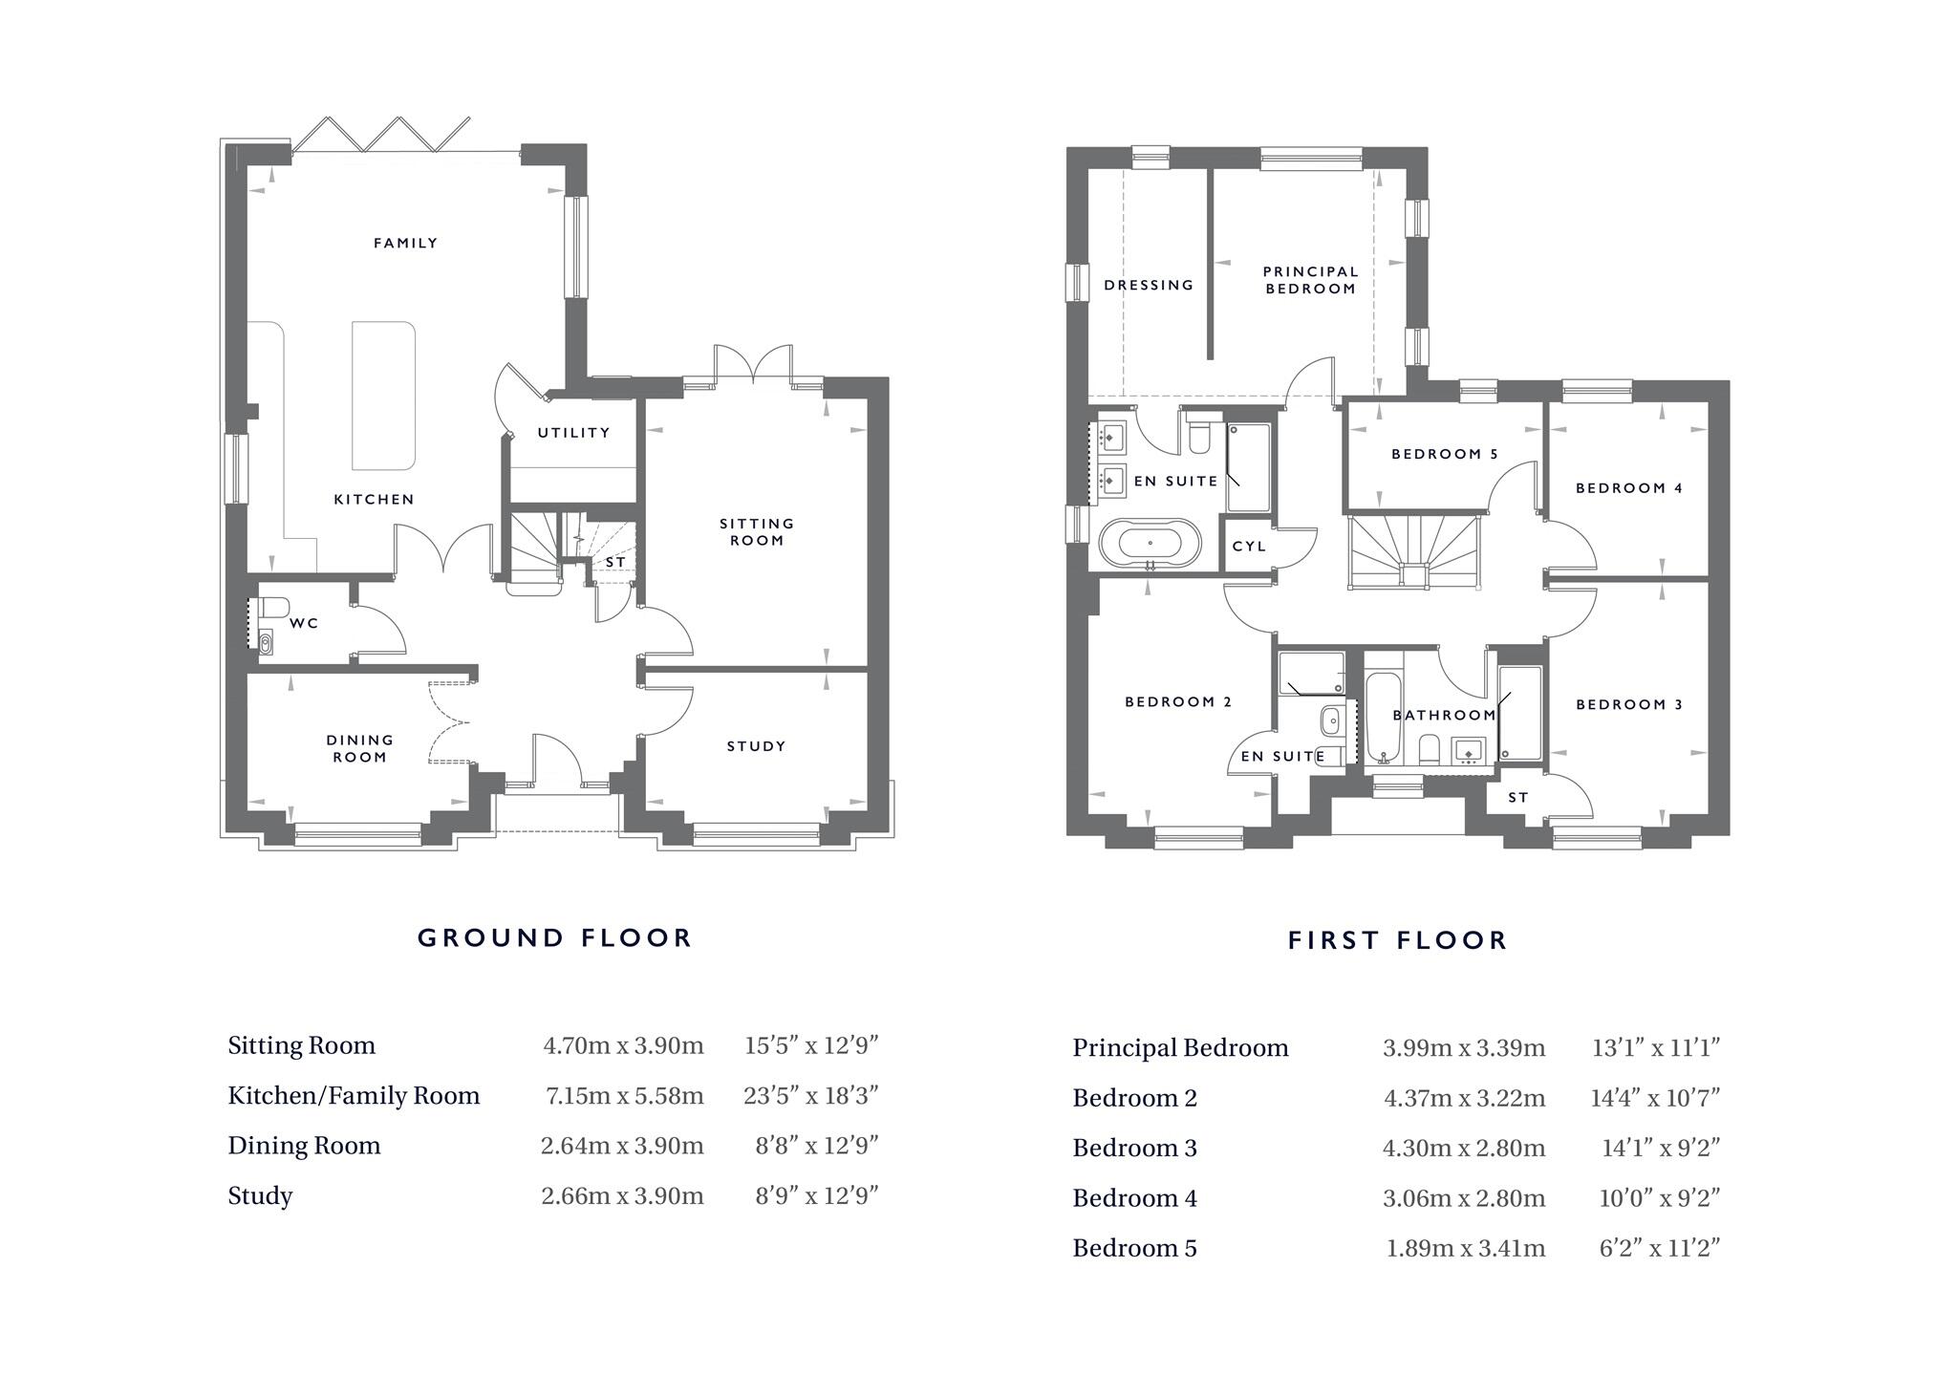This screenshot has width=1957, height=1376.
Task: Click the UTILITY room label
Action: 573,433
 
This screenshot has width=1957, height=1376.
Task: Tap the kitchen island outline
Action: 383,395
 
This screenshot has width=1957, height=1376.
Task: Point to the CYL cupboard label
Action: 1249,547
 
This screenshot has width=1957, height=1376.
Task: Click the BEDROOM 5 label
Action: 1445,454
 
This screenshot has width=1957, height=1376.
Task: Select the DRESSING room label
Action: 1149,285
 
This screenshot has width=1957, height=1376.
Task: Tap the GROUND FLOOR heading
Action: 554,937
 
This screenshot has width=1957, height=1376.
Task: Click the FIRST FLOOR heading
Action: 1397,940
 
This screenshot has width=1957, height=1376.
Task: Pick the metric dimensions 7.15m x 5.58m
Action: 624,1096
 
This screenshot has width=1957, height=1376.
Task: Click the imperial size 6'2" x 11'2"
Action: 1659,1248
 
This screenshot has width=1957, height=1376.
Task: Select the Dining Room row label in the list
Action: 304,1146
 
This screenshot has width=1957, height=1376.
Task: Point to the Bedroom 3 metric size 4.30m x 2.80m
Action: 1463,1148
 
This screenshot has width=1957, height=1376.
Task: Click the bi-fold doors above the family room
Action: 380,135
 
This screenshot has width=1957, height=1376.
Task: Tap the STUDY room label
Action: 756,746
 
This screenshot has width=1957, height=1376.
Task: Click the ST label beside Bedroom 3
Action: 1518,797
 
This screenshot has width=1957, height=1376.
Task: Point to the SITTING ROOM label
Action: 757,531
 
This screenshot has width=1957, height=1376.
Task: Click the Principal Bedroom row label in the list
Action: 1180,1048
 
